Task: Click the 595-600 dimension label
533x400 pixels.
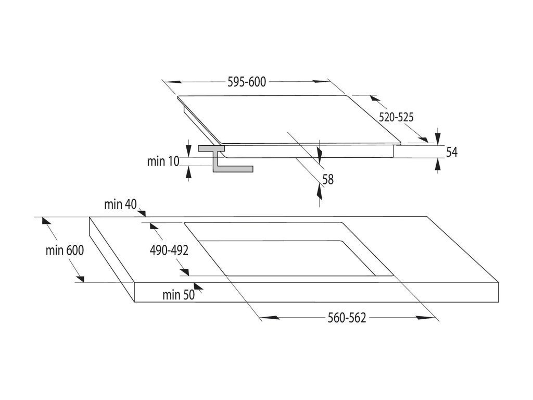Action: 247,82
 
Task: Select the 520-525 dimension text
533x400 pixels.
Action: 396,118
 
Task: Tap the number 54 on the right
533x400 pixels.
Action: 452,152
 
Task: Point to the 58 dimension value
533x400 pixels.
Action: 328,179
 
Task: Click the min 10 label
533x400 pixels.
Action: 163,161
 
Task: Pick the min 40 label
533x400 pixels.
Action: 120,205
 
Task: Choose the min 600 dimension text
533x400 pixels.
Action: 65,250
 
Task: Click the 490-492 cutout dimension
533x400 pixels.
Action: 169,250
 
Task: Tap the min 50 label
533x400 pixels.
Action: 178,295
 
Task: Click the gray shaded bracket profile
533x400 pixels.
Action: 224,158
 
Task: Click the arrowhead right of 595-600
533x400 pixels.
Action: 320,82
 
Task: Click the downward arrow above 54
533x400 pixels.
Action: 438,137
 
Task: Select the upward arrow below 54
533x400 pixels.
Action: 438,165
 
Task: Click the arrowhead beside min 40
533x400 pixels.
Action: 142,211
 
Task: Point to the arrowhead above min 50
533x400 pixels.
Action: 197,285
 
